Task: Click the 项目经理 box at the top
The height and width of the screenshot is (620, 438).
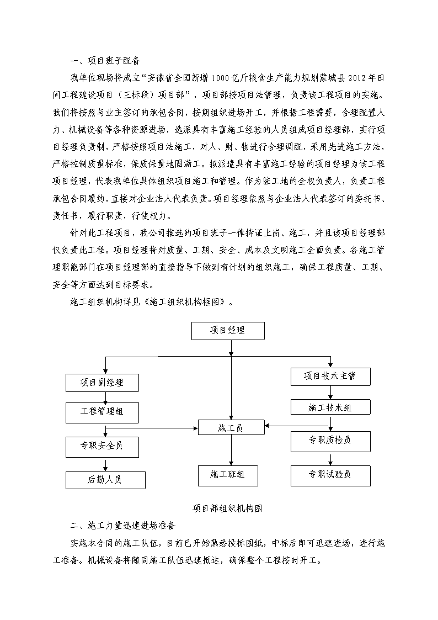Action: [228, 331]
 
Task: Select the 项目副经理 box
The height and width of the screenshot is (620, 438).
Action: [102, 383]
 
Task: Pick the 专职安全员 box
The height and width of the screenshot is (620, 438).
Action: [102, 447]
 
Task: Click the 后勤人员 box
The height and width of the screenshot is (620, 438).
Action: [105, 480]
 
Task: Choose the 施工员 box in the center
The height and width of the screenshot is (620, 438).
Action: [231, 428]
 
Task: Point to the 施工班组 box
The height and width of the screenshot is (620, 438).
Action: [228, 476]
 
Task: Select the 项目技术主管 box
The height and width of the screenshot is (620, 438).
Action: [330, 377]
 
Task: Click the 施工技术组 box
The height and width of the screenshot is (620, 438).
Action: [330, 407]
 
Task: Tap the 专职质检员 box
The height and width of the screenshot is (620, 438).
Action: [330, 441]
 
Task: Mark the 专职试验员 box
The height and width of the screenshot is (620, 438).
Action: [330, 476]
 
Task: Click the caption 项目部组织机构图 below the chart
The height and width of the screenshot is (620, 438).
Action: [227, 508]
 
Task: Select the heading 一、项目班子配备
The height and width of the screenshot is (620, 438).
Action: [105, 61]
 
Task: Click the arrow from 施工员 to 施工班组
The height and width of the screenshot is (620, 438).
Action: [231, 451]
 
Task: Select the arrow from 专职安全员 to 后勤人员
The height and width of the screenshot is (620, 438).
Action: [105, 464]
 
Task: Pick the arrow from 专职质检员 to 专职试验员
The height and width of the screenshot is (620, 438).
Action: [330, 459]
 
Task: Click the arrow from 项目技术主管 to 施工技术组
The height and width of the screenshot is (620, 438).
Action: [330, 393]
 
